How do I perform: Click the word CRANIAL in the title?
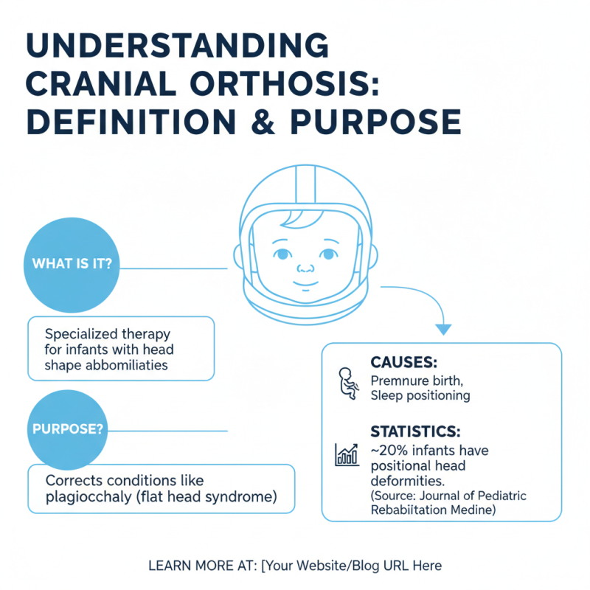pos(101,83)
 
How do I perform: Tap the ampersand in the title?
pos(263,122)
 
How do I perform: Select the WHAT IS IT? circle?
pos(72,265)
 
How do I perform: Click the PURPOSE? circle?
pos(68,429)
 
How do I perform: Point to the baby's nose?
pos(305,268)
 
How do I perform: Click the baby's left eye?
pos(328,254)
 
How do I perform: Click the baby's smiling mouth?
pos(305,283)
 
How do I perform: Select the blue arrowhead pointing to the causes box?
pos(444,329)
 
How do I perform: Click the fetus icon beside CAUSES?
pos(348,383)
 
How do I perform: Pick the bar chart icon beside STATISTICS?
pos(347,454)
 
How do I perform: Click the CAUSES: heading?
pos(403,362)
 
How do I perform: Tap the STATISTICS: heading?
pos(415,431)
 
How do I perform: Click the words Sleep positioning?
pos(420,396)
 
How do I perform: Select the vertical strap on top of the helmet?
pos(305,184)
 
